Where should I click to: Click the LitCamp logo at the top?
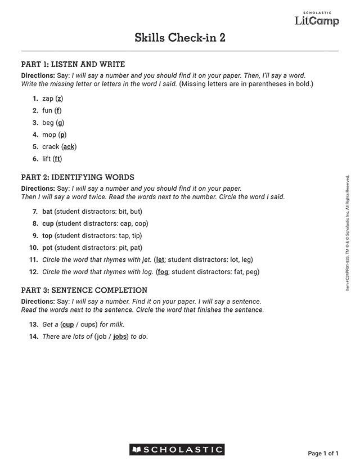coord(317,20)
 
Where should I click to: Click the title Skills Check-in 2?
coord(180,38)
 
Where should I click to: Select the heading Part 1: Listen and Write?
coord(73,64)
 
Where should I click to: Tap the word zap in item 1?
coord(48,98)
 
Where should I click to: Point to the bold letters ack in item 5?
coord(69,147)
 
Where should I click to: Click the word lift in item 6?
coord(47,159)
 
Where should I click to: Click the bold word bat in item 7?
coord(47,212)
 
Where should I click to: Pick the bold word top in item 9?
coord(47,235)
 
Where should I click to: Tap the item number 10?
coord(33,248)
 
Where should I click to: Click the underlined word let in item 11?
coord(160,259)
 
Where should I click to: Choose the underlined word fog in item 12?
coord(163,272)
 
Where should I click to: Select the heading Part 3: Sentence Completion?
coord(84,290)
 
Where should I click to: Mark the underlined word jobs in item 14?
coord(120,337)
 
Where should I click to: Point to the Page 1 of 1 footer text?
coord(323,453)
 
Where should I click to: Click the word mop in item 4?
coord(49,135)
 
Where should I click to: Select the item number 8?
coord(35,223)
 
